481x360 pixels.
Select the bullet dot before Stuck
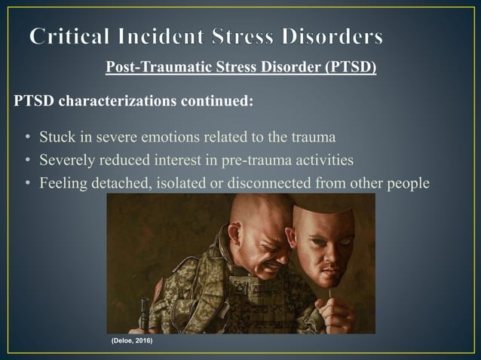(27, 138)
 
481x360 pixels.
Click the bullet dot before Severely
(27, 160)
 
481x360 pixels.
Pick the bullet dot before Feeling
(27, 182)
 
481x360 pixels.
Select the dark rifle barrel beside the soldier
(141, 316)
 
